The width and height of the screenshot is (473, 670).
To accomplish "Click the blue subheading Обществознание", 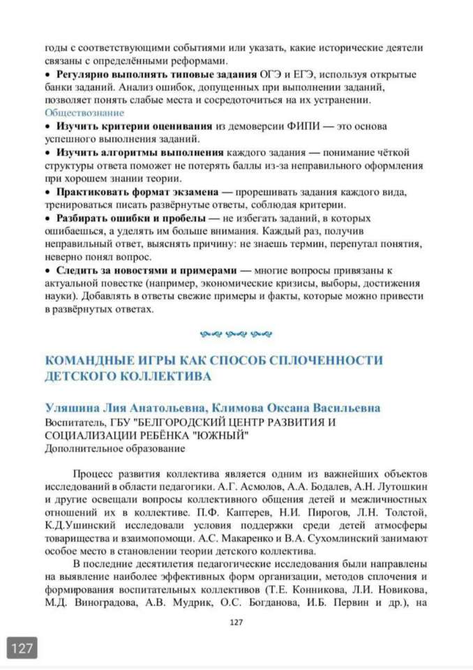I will [x=84, y=112].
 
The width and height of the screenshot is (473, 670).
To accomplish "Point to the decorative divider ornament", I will [x=236, y=334].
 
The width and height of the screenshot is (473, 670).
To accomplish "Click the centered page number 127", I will [x=236, y=623].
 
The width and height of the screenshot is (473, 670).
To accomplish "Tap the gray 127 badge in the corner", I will [x=22, y=648].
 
